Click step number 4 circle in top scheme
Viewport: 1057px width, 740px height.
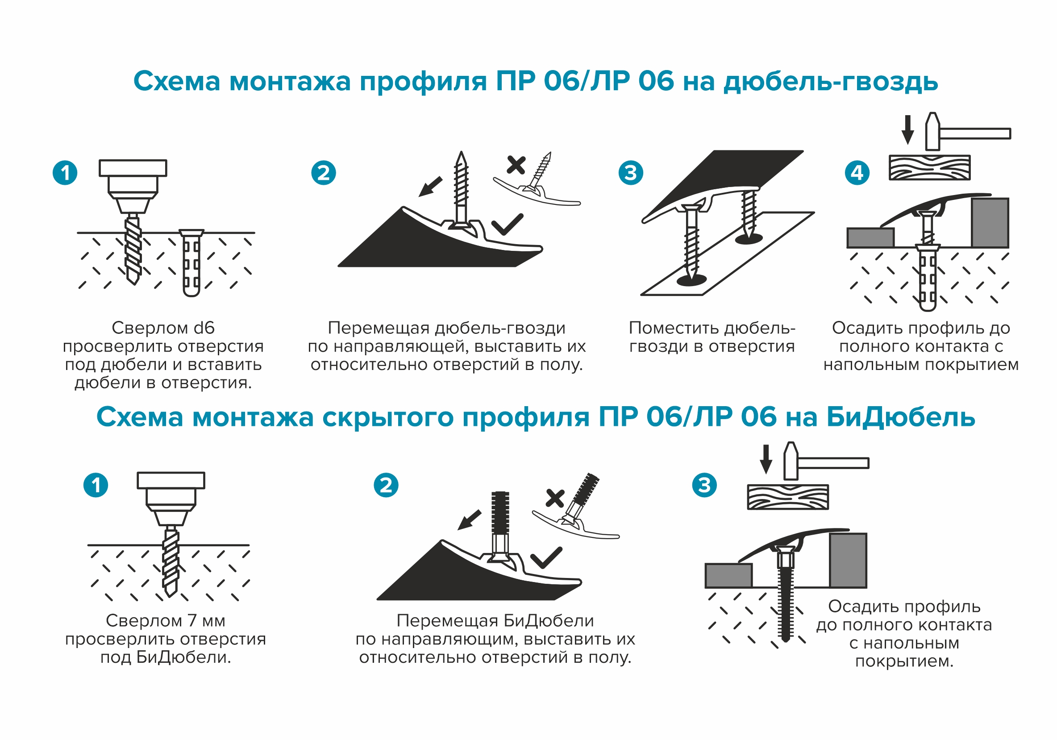point(857,173)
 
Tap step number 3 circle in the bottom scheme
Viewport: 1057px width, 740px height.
point(704,485)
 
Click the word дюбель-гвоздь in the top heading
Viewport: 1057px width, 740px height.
point(831,82)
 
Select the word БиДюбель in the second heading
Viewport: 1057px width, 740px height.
point(900,417)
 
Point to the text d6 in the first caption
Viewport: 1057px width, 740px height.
point(204,328)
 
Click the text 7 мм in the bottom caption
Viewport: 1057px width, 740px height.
point(206,621)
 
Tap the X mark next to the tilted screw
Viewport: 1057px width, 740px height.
point(516,165)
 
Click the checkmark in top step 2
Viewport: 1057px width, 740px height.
point(508,224)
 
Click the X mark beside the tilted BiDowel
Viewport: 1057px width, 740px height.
point(555,499)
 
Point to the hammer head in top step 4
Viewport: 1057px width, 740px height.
point(932,132)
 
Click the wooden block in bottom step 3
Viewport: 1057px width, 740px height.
point(788,497)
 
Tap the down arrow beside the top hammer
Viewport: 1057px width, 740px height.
point(908,130)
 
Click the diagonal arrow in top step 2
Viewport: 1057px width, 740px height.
point(430,187)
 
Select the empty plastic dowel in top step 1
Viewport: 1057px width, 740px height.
point(191,263)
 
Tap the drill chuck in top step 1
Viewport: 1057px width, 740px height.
point(133,187)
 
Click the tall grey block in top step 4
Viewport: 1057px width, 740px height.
point(990,223)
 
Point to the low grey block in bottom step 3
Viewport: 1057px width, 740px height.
point(728,576)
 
